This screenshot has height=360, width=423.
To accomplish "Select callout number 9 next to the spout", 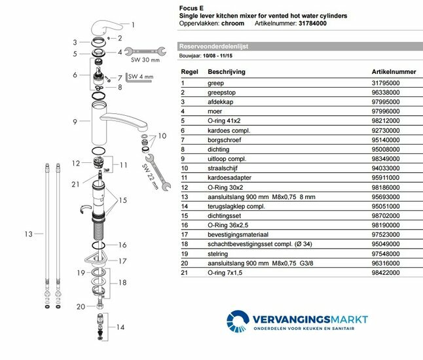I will [x=76, y=122].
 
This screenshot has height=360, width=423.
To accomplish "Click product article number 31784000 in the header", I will [x=325, y=23].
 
